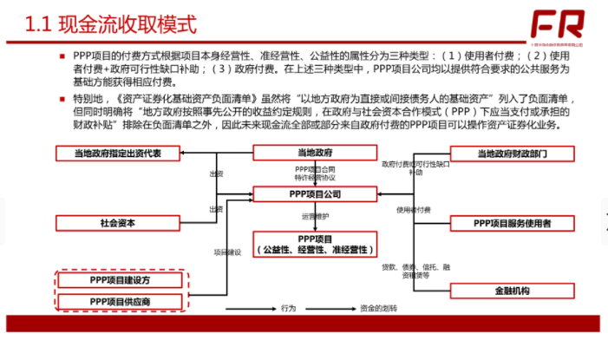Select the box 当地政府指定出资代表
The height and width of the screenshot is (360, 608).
pyautogui.click(x=117, y=153)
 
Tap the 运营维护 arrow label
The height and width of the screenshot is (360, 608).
pyautogui.click(x=314, y=216)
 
